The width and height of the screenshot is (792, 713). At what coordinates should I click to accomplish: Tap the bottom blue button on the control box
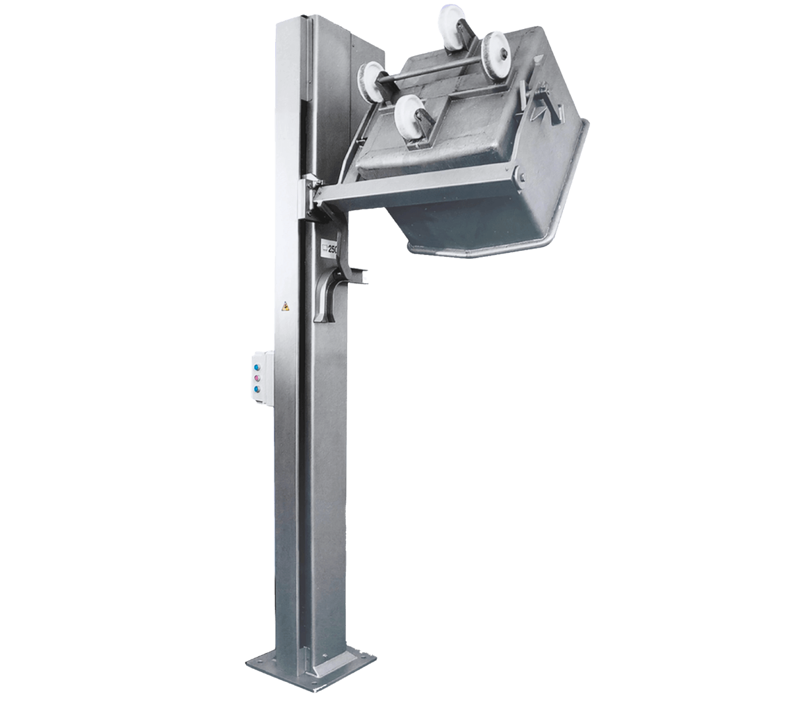[257, 390]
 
